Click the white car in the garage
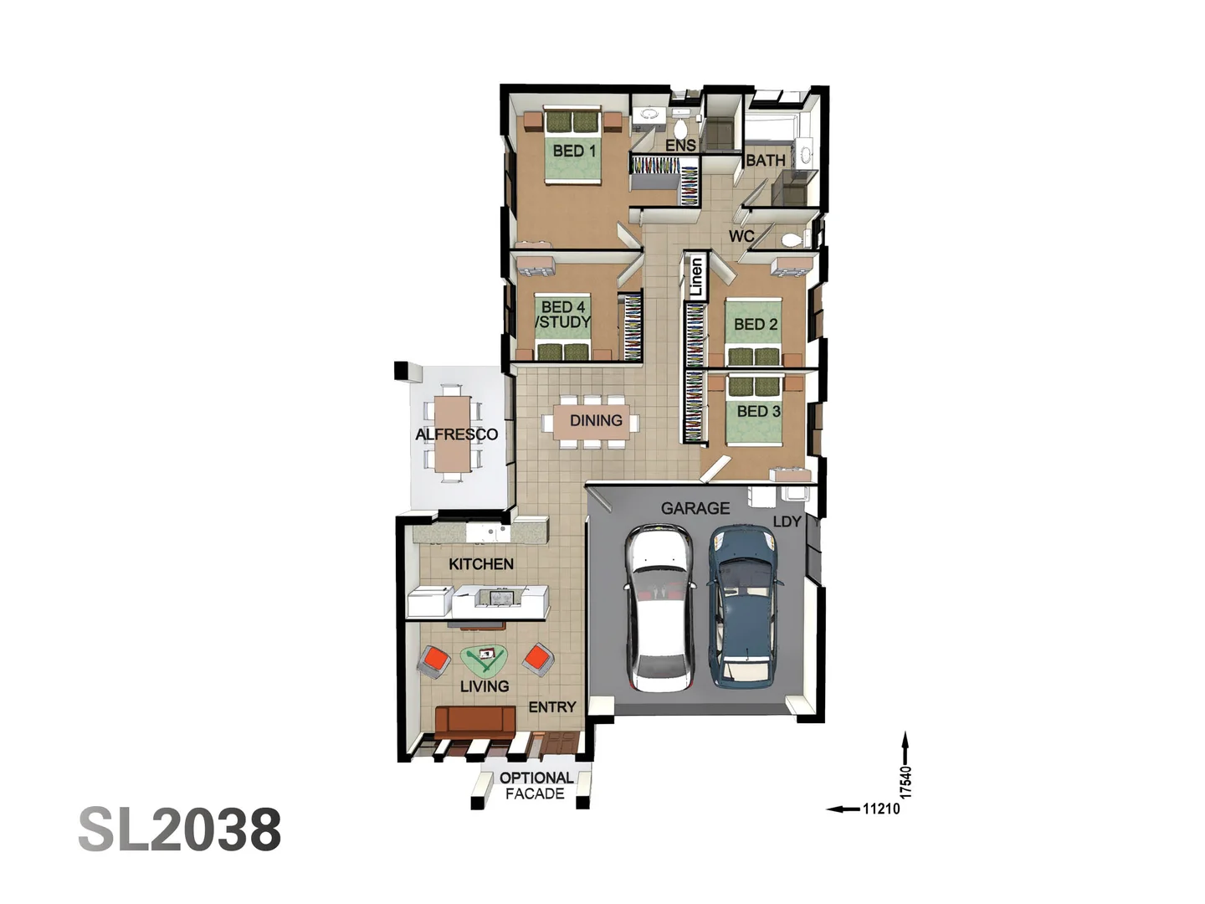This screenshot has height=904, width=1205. (660, 609)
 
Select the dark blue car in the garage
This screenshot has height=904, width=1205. (745, 605)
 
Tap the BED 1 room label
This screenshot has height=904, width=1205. (574, 152)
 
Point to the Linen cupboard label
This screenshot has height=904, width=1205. (696, 277)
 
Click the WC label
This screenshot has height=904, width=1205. (741, 236)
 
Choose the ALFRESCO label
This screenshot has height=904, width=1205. (456, 434)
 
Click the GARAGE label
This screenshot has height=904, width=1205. (695, 508)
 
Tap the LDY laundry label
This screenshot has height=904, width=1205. (787, 521)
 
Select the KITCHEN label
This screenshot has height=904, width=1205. (481, 564)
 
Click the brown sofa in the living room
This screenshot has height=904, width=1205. (474, 720)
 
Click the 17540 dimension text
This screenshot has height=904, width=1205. (905, 780)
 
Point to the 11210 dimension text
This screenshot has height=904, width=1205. (880, 809)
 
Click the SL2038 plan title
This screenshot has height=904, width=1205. (180, 830)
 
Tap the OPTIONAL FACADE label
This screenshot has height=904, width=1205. (536, 785)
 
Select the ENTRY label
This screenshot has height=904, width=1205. (552, 707)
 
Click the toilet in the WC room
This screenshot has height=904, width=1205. (789, 240)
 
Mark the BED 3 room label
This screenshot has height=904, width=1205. (758, 412)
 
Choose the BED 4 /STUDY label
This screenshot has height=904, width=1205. (563, 315)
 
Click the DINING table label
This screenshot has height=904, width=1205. (596, 420)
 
